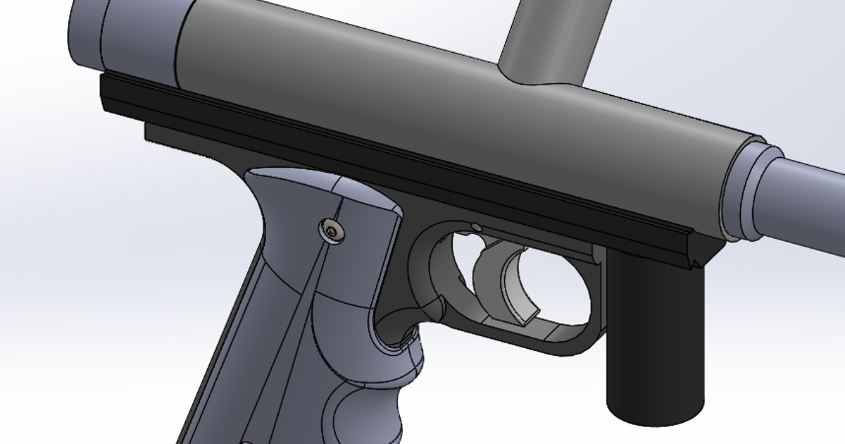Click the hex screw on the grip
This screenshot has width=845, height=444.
pos(331,230)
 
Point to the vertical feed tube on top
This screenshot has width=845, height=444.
pos(553,35)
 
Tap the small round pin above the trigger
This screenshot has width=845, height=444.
pos(476,227)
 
